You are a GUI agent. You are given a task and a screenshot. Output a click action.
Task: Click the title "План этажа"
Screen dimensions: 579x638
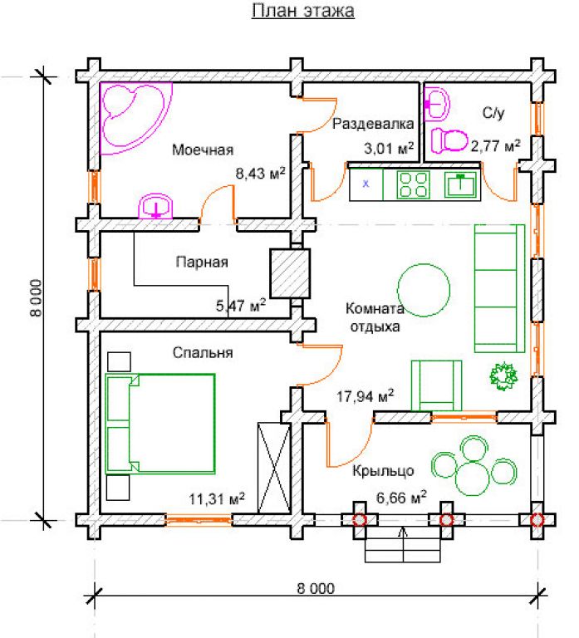point(302,11)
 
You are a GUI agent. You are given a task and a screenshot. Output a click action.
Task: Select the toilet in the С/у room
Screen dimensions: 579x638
point(449,140)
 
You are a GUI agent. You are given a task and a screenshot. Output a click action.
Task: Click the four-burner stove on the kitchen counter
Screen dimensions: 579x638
point(413,184)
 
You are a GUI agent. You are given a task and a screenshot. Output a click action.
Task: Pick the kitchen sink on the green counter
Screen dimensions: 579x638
point(460,184)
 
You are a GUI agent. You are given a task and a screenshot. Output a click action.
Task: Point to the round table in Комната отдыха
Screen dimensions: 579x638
point(424,290)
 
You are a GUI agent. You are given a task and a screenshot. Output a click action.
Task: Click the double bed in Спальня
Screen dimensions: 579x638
point(159,424)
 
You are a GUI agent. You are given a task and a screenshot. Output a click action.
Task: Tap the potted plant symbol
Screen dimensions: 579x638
point(503,375)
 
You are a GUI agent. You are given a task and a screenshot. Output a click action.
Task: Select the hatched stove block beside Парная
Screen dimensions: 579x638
point(290,273)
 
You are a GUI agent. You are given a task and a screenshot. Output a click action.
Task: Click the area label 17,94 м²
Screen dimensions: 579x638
point(365,395)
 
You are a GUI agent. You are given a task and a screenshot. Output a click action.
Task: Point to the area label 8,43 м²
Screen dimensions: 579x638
point(260,174)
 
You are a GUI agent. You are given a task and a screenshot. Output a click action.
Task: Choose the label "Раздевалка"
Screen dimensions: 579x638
point(373,124)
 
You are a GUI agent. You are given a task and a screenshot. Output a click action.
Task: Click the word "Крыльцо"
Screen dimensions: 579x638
point(383,471)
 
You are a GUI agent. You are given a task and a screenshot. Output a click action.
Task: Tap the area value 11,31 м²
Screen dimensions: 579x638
point(217,498)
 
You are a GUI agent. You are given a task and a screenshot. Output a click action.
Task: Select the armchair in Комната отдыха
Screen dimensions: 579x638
point(437,385)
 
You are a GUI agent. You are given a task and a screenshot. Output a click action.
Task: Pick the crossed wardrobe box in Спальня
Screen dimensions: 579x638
point(274,468)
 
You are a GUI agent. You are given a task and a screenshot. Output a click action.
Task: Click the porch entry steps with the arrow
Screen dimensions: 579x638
point(402,545)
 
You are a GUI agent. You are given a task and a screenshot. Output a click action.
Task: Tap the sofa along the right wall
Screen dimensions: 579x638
point(499,288)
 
